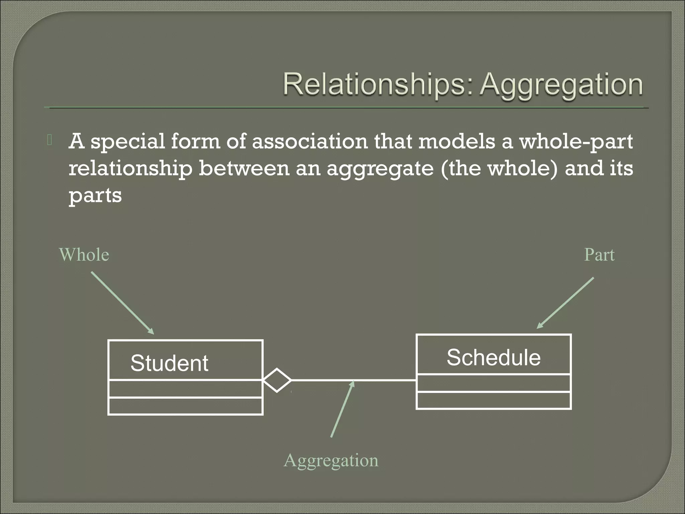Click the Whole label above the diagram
coord(84,255)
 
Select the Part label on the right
coord(599,255)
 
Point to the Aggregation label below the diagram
coord(331,460)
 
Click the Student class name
coord(169,363)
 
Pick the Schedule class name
coord(493,357)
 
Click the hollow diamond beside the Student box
coord(277,380)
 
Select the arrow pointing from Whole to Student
coord(122,303)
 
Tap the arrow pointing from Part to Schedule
coord(565,303)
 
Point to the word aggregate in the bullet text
coord(380,169)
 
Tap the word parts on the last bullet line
coord(95,195)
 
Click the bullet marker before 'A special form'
coord(50,141)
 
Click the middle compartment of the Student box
coord(185,389)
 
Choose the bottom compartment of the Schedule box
coord(493,400)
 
